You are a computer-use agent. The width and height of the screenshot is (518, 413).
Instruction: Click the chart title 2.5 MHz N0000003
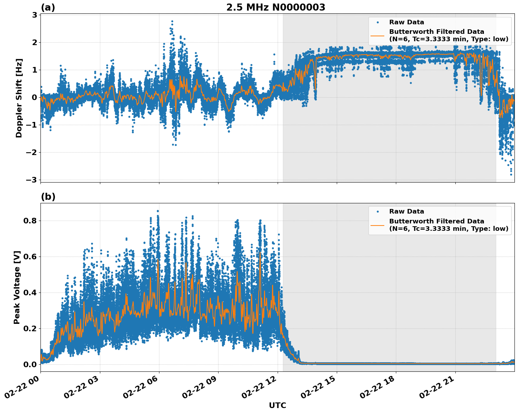(276, 7)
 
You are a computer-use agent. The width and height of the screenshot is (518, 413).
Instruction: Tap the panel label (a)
(48, 7)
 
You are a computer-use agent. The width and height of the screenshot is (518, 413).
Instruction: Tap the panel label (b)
(48, 197)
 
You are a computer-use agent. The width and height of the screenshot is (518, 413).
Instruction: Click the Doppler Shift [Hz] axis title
(19, 98)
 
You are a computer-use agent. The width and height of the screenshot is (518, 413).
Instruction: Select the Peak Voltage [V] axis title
(17, 287)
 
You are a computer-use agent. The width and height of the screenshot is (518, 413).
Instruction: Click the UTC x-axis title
(277, 405)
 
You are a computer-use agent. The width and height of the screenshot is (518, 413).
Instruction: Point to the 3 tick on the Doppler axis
(34, 15)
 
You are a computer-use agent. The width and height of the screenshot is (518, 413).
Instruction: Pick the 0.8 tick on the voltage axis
(30, 221)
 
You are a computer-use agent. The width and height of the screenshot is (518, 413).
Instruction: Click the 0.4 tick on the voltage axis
(30, 292)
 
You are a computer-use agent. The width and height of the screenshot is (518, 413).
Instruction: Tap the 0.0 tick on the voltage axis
(30, 364)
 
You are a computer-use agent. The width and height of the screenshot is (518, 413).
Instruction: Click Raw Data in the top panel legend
(406, 22)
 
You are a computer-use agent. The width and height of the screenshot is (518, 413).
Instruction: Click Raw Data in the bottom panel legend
(406, 211)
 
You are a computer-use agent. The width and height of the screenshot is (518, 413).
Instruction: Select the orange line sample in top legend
(378, 36)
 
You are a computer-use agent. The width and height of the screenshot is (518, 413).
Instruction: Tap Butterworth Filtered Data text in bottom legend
(436, 221)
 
